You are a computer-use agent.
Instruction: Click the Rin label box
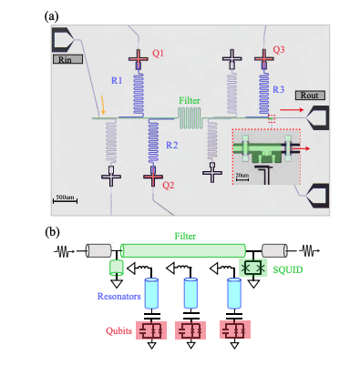tap(67, 60)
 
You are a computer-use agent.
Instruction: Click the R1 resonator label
tap(117, 80)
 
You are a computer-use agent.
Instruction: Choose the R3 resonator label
tap(279, 89)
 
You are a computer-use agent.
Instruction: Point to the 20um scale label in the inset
tap(241, 173)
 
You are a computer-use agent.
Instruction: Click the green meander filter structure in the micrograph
tap(188, 116)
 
